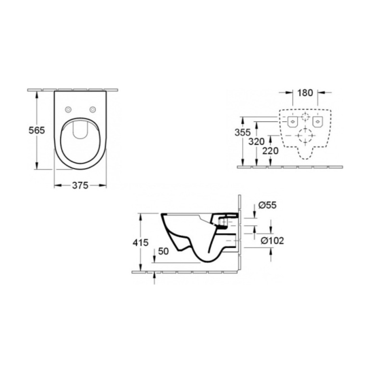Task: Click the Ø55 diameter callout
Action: (x=267, y=204)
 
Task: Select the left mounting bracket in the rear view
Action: (x=292, y=121)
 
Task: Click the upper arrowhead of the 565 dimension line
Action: (x=37, y=93)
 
